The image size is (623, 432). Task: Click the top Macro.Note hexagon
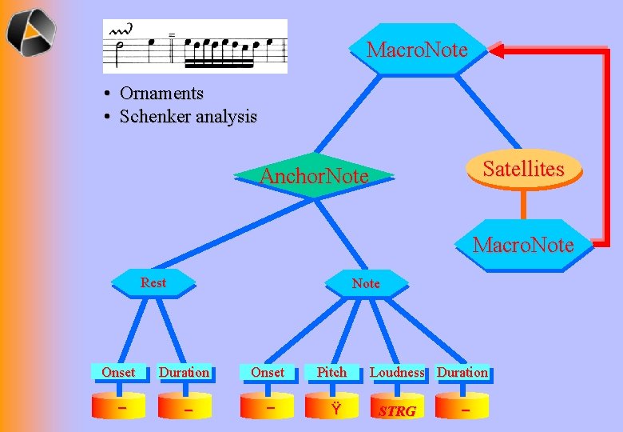[417, 50]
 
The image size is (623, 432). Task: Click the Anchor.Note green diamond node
[315, 175]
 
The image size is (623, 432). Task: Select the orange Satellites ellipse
[523, 169]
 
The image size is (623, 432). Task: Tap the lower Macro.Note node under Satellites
[523, 245]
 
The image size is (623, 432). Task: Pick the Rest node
[153, 282]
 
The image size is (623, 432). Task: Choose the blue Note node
[366, 283]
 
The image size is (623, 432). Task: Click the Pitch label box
[331, 372]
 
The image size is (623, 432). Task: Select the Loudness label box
[397, 372]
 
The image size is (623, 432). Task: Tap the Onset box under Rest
[118, 372]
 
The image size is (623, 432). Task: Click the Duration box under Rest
[184, 372]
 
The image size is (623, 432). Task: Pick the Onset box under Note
[268, 372]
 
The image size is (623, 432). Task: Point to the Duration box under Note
[462, 372]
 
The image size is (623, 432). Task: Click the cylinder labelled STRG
[397, 408]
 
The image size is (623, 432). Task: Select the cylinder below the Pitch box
[331, 408]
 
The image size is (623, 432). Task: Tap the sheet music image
[195, 46]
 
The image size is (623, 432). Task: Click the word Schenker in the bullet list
[153, 117]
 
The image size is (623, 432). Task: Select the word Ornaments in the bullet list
[161, 94]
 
